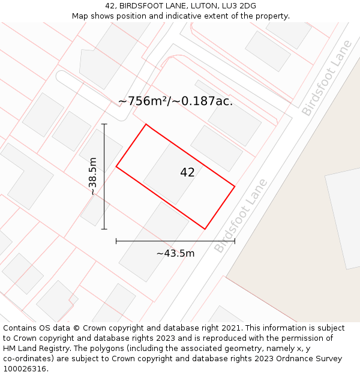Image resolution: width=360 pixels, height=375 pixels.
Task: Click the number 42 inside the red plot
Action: [187, 173]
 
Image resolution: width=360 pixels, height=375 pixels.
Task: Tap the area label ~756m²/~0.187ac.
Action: [175, 101]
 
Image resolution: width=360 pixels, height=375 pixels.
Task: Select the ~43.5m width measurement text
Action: [175, 253]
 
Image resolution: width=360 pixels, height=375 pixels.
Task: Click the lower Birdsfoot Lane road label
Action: [239, 215]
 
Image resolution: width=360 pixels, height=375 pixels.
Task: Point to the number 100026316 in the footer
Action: [25, 369]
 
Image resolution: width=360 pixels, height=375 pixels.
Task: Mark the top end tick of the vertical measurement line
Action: [104, 124]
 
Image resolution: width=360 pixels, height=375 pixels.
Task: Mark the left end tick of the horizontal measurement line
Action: [116, 241]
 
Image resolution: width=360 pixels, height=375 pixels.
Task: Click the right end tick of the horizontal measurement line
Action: [235, 241]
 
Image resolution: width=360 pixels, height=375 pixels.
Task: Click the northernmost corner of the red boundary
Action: [146, 124]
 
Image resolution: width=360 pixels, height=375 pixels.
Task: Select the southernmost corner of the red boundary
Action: [205, 229]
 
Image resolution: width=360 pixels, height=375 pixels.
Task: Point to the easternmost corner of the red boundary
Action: [235, 186]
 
